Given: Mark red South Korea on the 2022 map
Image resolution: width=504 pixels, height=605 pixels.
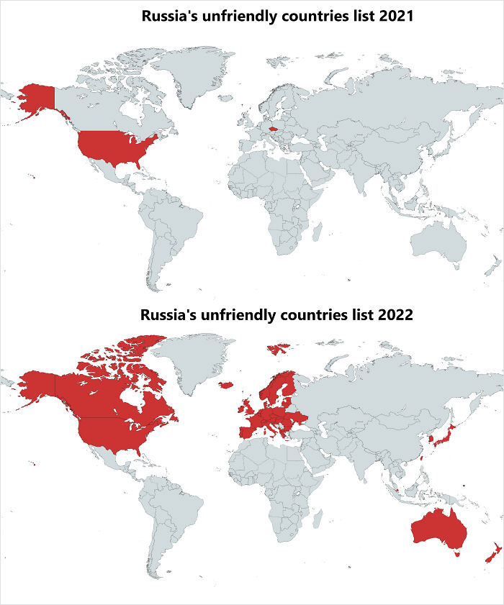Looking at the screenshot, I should coord(431,438).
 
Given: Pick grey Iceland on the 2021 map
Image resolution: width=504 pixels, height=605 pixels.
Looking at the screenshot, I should coord(223,96).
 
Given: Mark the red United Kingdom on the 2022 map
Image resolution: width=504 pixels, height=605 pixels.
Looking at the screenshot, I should coord(247,406).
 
